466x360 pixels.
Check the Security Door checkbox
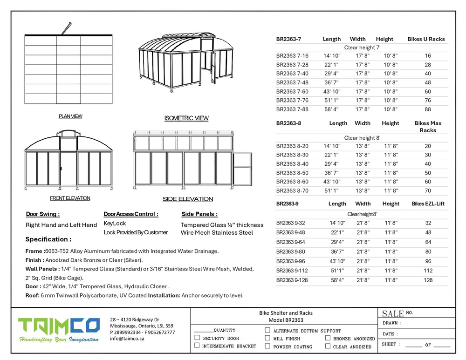pyautogui.click(x=197, y=338)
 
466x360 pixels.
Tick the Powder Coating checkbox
pyautogui.click(x=267, y=346)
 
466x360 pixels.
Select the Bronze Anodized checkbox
pyautogui.click(x=328, y=338)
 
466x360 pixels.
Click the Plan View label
pyautogui.click(x=70, y=116)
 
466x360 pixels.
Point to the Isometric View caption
pyautogui.click(x=186, y=118)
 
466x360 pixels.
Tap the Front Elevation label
pyautogui.click(x=70, y=198)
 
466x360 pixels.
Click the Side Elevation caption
pyautogui.click(x=188, y=199)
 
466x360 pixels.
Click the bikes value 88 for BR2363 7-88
pyautogui.click(x=428, y=109)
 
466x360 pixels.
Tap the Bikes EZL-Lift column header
pyautogui.click(x=428, y=204)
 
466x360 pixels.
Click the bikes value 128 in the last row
pyautogui.click(x=428, y=280)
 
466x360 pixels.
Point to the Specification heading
pyautogui.click(x=48, y=239)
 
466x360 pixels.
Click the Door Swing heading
pyautogui.click(x=43, y=214)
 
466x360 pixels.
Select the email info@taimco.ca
pyautogui.click(x=127, y=339)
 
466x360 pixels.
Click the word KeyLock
pyautogui.click(x=115, y=224)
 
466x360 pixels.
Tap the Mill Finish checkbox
pyautogui.click(x=267, y=338)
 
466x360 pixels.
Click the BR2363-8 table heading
pyautogui.click(x=288, y=123)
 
